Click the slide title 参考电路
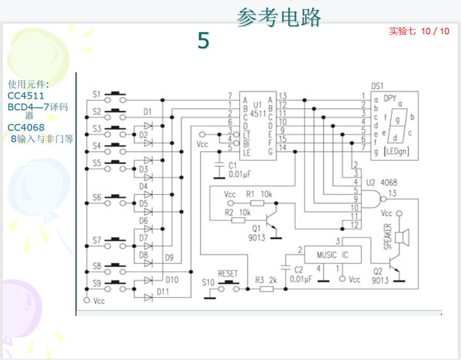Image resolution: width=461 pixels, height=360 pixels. click(x=279, y=18)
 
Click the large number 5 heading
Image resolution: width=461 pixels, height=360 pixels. click(x=203, y=41)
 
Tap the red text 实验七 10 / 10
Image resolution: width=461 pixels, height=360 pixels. click(x=419, y=31)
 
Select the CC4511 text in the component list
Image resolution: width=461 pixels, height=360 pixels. click(x=26, y=96)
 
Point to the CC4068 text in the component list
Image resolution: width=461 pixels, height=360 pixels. click(x=26, y=127)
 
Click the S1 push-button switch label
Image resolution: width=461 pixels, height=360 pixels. click(x=96, y=95)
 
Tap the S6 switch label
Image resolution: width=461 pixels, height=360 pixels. click(x=96, y=198)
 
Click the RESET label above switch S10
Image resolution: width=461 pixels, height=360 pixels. click(x=228, y=274)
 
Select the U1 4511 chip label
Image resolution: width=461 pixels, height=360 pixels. click(x=258, y=110)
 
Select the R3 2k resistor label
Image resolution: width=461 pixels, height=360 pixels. click(x=266, y=280)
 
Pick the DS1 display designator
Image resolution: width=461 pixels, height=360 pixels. click(x=378, y=86)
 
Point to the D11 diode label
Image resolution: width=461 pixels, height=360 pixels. click(x=163, y=292)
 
